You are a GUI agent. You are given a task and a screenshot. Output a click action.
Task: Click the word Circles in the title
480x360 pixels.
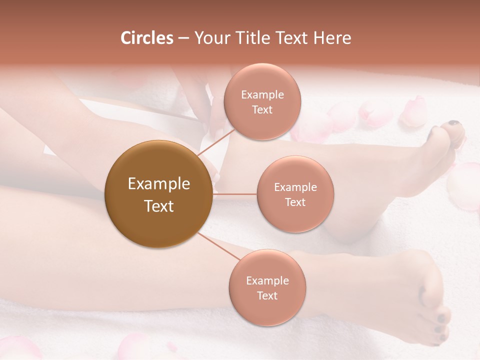pyautogui.click(x=146, y=38)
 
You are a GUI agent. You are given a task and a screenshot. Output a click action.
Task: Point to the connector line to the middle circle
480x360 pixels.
pyautogui.click(x=235, y=193)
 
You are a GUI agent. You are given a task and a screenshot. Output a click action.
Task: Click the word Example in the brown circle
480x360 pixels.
pyautogui.click(x=159, y=183)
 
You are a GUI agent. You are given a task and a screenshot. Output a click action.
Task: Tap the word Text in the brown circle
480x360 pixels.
pyautogui.click(x=159, y=206)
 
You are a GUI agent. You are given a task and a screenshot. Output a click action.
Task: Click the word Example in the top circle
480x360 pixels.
pyautogui.click(x=262, y=94)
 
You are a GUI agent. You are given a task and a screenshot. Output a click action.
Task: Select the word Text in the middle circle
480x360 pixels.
pyautogui.click(x=295, y=202)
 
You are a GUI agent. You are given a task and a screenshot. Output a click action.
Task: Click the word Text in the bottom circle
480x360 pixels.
pyautogui.click(x=267, y=295)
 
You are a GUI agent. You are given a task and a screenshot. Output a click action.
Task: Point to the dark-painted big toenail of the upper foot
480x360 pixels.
pyautogui.click(x=453, y=123)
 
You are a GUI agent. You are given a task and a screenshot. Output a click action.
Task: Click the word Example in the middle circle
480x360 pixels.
pyautogui.click(x=295, y=187)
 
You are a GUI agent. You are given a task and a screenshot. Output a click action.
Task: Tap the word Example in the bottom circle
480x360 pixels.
pyautogui.click(x=267, y=280)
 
